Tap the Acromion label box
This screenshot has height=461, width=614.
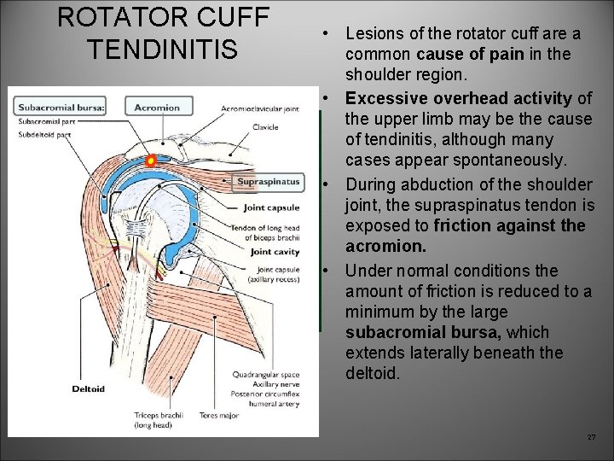[x=157, y=107]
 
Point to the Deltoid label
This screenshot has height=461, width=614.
[x=88, y=388]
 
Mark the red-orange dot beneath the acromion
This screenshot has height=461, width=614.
[x=150, y=160]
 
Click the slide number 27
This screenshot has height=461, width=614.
[x=591, y=437]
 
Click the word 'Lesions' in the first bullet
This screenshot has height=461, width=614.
[x=373, y=34]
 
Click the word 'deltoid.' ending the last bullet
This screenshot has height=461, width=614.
[x=372, y=373]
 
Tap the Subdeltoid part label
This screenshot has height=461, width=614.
[x=39, y=132]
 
